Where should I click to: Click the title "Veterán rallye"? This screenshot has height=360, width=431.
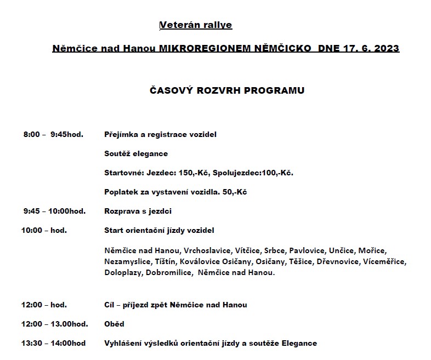(x=196, y=25)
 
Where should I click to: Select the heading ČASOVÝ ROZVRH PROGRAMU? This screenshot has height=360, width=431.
(x=227, y=90)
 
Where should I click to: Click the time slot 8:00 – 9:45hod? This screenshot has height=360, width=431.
(x=53, y=134)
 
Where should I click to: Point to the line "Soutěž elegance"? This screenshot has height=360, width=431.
(x=136, y=153)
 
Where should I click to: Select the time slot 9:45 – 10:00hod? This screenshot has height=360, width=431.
(x=54, y=210)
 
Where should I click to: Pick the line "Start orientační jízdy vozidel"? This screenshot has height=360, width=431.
(x=159, y=230)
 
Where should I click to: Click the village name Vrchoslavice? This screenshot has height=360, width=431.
(x=207, y=250)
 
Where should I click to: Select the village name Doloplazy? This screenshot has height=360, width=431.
(x=123, y=272)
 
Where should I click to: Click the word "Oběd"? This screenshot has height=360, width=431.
(x=114, y=324)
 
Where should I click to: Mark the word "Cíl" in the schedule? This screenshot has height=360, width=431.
(x=110, y=305)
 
